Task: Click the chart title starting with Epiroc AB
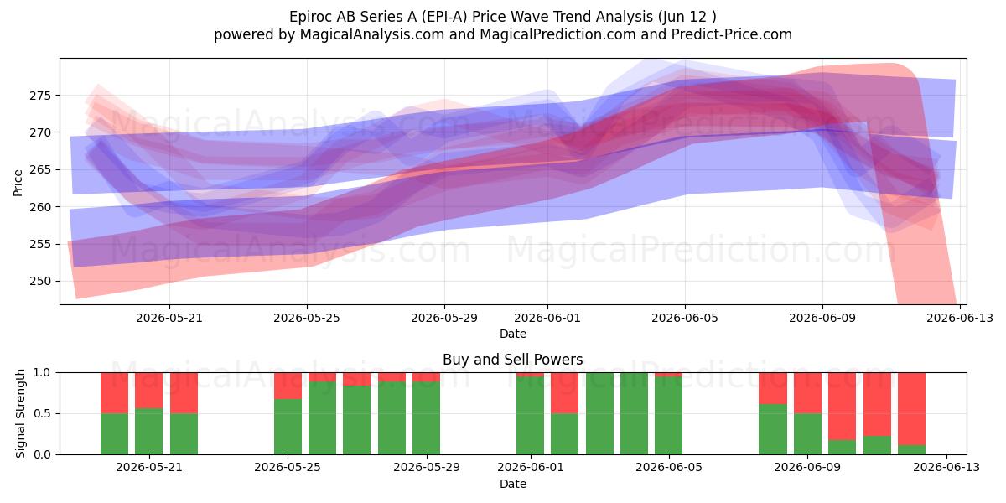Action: coord(502,17)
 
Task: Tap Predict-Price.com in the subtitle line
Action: coord(731,34)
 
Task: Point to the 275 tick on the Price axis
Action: coord(40,96)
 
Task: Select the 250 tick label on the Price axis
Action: coord(40,282)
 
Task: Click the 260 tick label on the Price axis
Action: coord(40,207)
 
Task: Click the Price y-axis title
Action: coord(18,183)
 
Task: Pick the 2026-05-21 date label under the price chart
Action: coord(169,318)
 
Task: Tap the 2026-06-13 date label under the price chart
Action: coord(960,318)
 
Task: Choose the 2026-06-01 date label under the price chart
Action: coord(547,318)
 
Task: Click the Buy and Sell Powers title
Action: coord(512,360)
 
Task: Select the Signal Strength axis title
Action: coord(20,413)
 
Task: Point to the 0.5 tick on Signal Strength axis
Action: coord(42,413)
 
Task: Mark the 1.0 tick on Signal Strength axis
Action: coord(42,373)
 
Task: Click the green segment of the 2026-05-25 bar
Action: coord(288,427)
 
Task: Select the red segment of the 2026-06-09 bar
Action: coord(807,393)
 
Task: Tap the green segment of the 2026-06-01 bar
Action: coord(530,416)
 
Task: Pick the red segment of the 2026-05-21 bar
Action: coord(149,391)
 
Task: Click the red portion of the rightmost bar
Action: coord(912,409)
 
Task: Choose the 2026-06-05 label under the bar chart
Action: coord(669,468)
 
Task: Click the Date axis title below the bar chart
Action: coord(513,484)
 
